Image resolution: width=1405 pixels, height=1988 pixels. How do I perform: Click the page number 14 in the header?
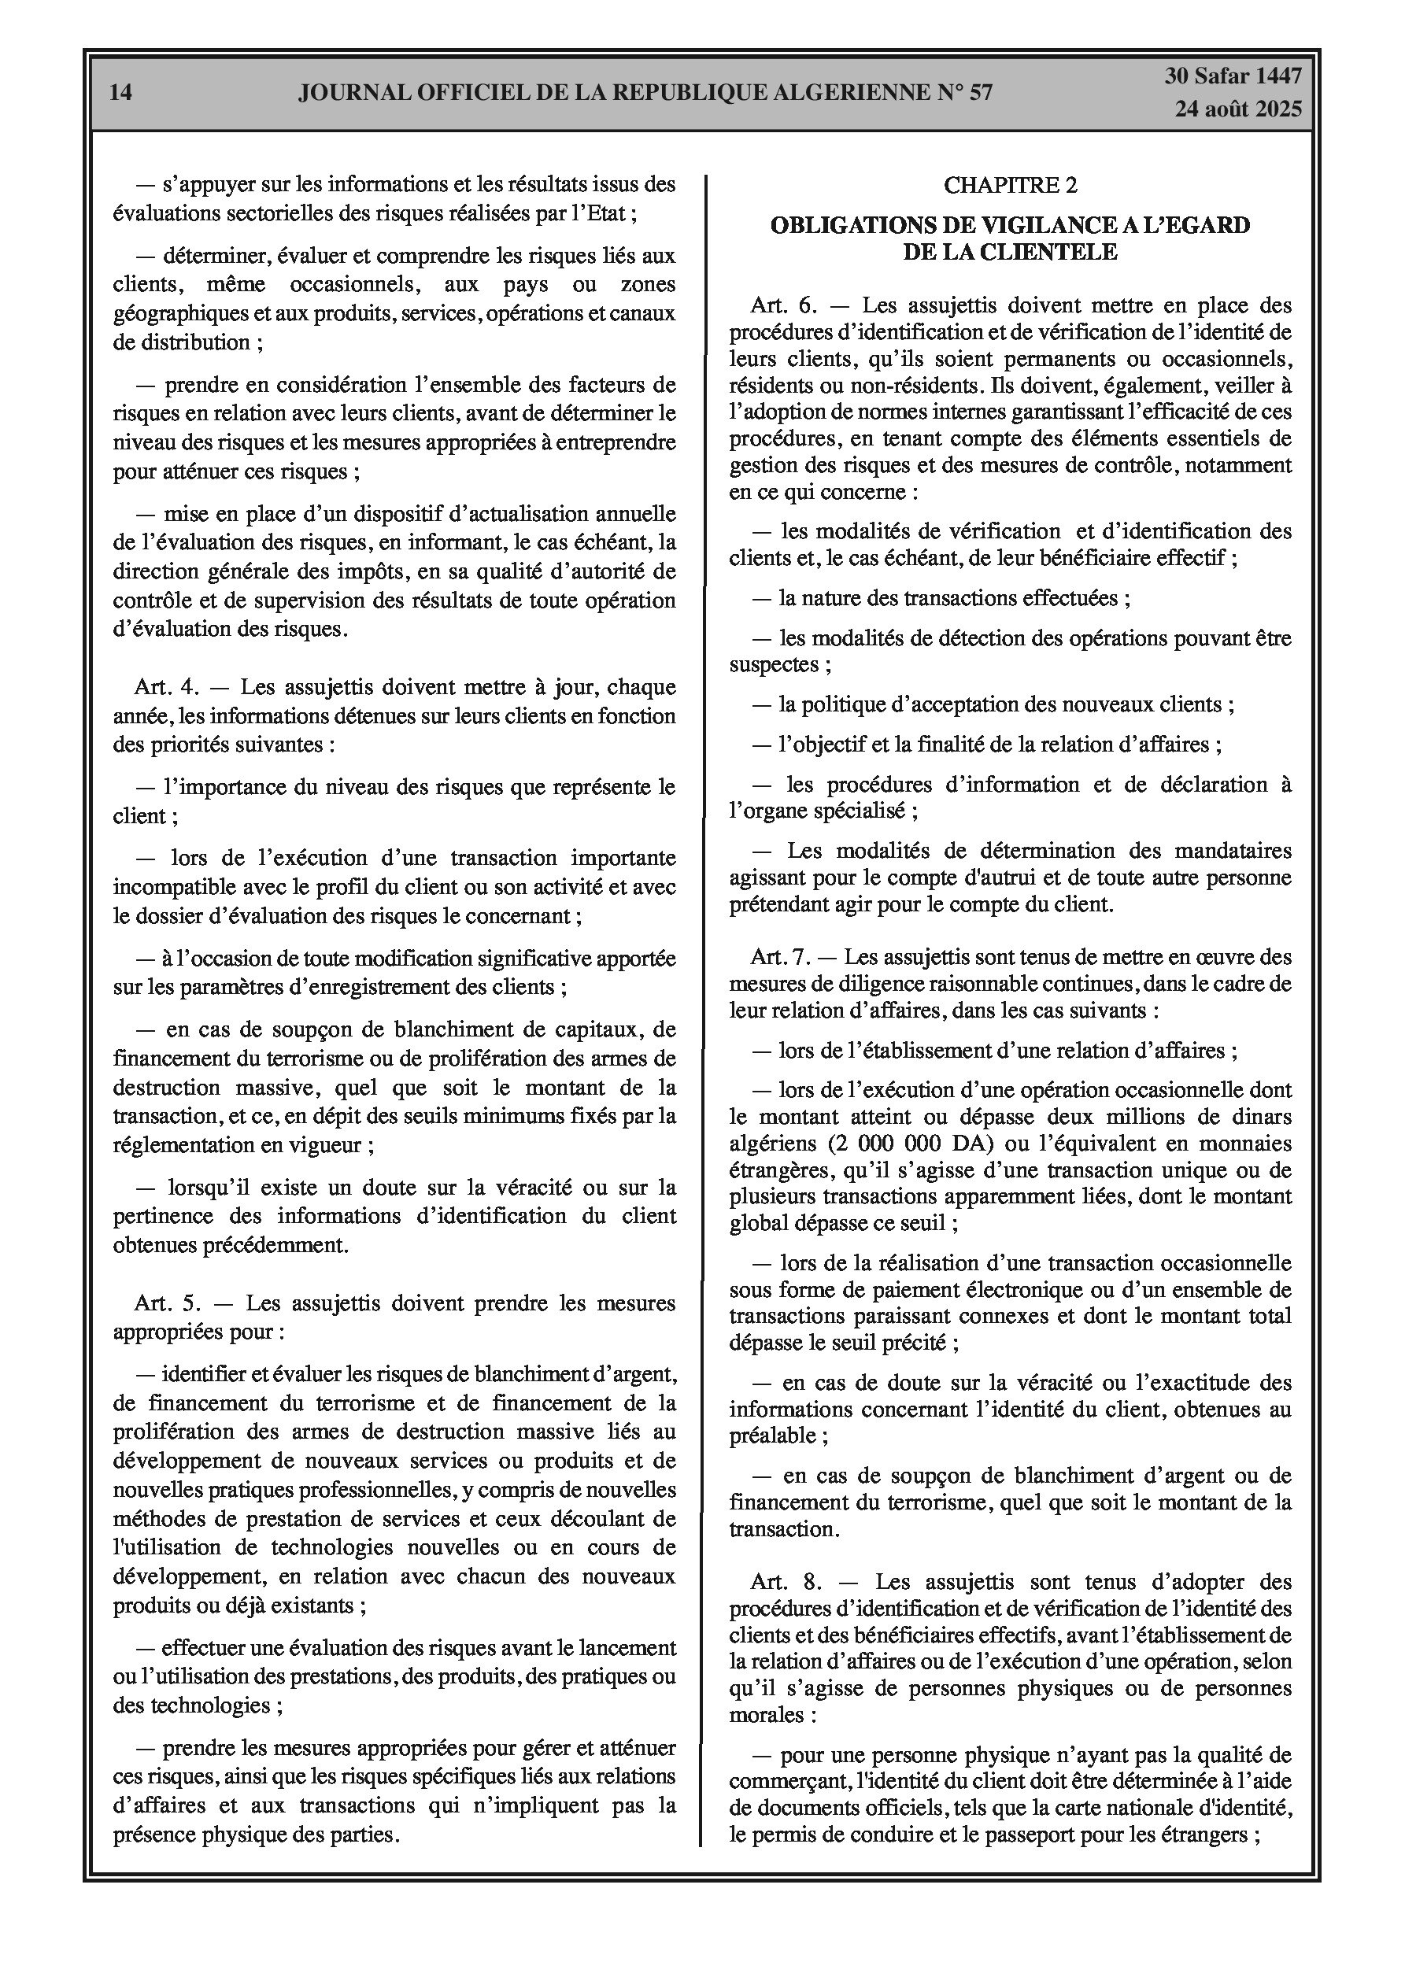pos(121,93)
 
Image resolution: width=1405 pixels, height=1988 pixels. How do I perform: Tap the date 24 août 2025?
pos(1238,109)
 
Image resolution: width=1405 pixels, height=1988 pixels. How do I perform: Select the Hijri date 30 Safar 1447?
pos(1233,76)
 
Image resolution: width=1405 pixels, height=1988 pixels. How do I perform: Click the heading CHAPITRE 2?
pos(1010,184)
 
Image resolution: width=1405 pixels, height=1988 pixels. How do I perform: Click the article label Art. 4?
pos(167,688)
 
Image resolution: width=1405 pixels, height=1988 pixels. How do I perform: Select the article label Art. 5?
pos(167,1303)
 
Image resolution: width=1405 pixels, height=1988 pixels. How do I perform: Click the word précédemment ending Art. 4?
pos(287,1245)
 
